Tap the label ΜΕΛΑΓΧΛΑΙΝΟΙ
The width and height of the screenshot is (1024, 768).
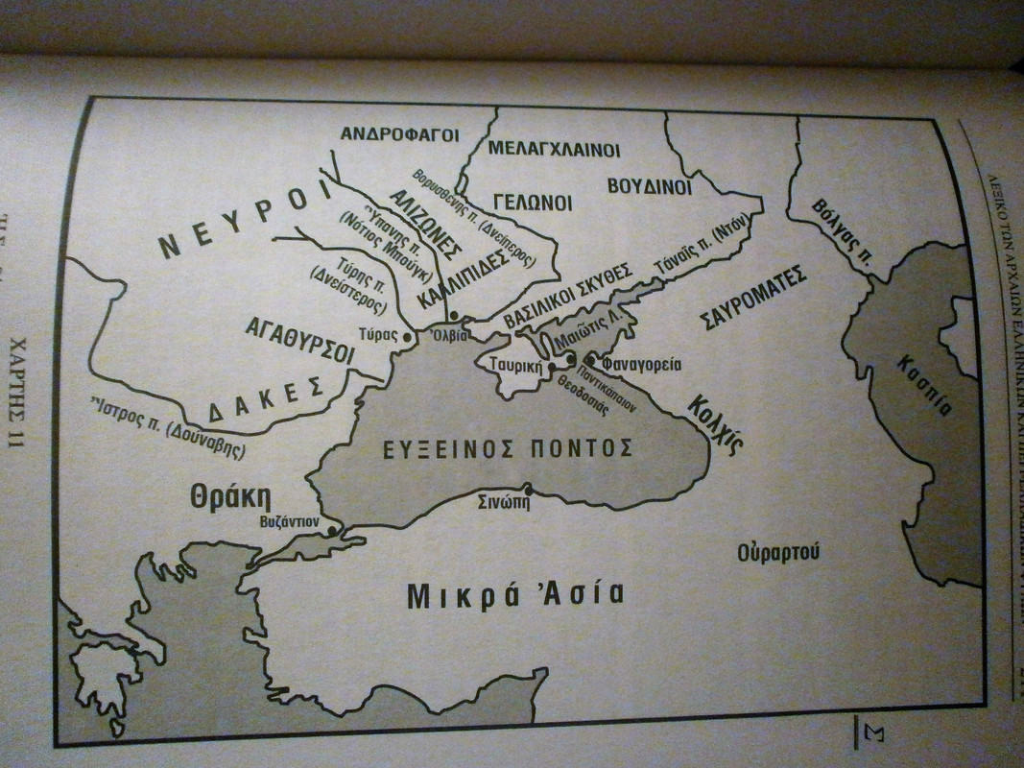555,150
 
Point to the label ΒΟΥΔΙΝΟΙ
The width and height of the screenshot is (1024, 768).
649,184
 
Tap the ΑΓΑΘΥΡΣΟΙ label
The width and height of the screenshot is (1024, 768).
299,341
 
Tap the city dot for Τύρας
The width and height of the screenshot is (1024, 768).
407,337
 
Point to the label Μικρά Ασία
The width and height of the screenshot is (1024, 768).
515,593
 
